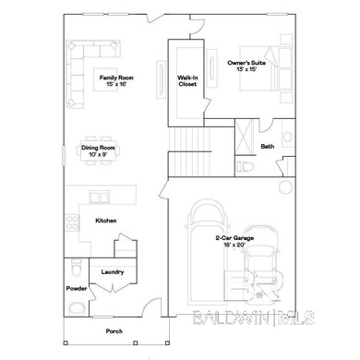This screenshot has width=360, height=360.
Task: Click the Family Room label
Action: [x=116, y=81]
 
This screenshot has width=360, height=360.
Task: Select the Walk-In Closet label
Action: [x=187, y=81]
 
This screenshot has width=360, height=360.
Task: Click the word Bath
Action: [x=267, y=146]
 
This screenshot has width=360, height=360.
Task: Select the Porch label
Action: [x=113, y=330]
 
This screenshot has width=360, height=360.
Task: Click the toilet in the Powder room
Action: [x=74, y=270]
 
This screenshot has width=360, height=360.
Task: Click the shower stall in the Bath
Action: [x=246, y=133]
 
